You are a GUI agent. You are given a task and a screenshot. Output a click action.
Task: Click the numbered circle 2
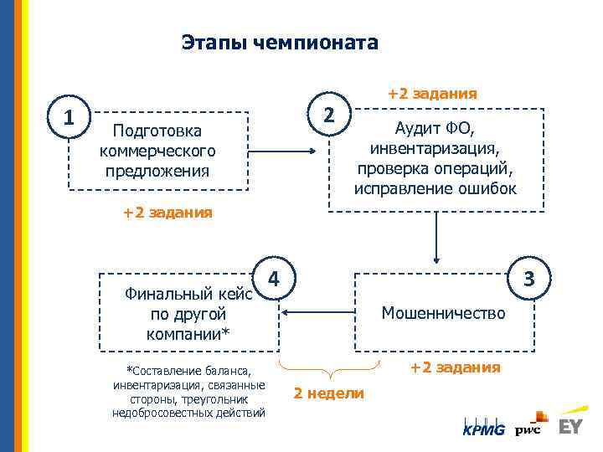[329, 113]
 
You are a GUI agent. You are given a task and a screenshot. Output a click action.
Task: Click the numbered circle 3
[529, 276]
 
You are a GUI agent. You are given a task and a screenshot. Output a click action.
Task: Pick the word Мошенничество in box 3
[443, 313]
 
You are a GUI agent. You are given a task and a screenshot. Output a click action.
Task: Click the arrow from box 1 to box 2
[285, 152]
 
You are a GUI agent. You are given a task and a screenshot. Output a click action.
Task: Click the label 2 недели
[329, 393]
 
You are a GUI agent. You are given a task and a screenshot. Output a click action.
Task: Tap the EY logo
[570, 425]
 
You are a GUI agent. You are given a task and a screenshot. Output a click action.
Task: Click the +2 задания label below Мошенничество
[456, 367]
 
